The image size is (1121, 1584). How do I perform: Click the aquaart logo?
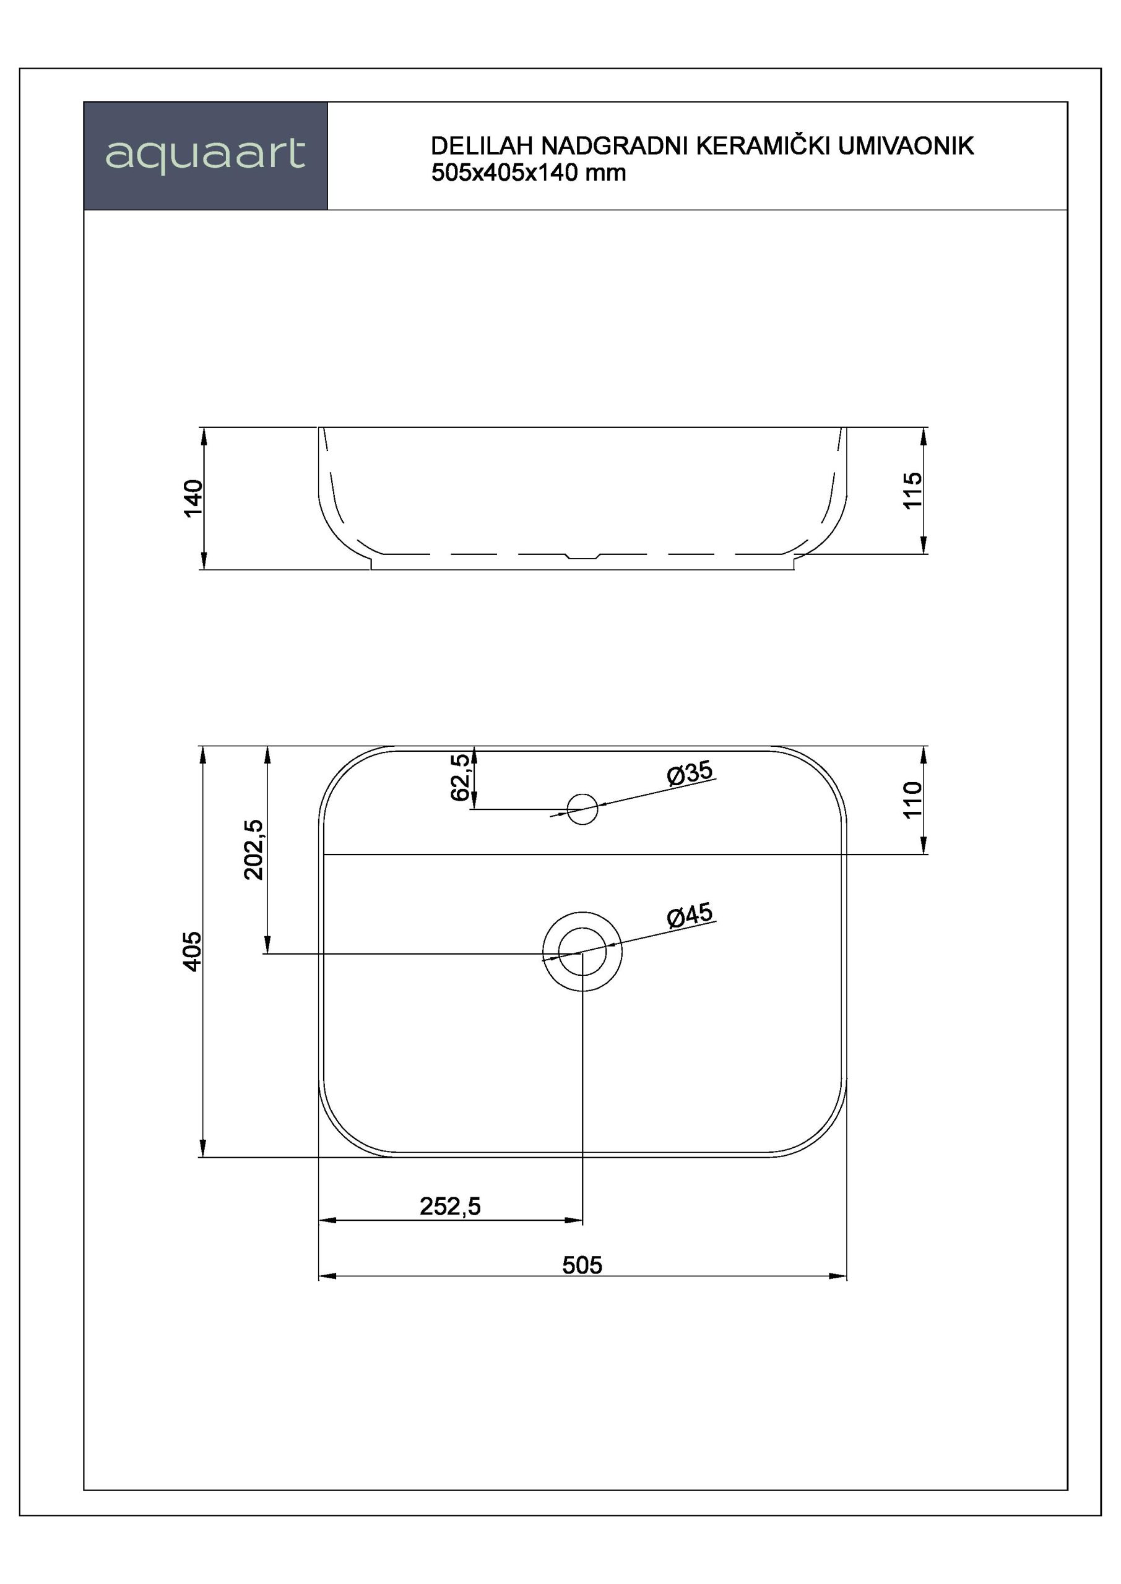pyautogui.click(x=205, y=155)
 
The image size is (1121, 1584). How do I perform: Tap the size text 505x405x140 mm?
pyautogui.click(x=529, y=173)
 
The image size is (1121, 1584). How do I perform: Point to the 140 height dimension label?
pyautogui.click(x=194, y=498)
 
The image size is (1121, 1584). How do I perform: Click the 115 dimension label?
pyautogui.click(x=912, y=491)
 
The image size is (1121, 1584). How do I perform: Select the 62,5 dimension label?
pyautogui.click(x=461, y=778)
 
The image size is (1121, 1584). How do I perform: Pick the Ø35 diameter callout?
pyautogui.click(x=690, y=773)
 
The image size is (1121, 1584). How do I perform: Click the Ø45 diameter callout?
pyautogui.click(x=690, y=916)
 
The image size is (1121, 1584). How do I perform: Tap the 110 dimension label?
pyautogui.click(x=912, y=799)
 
